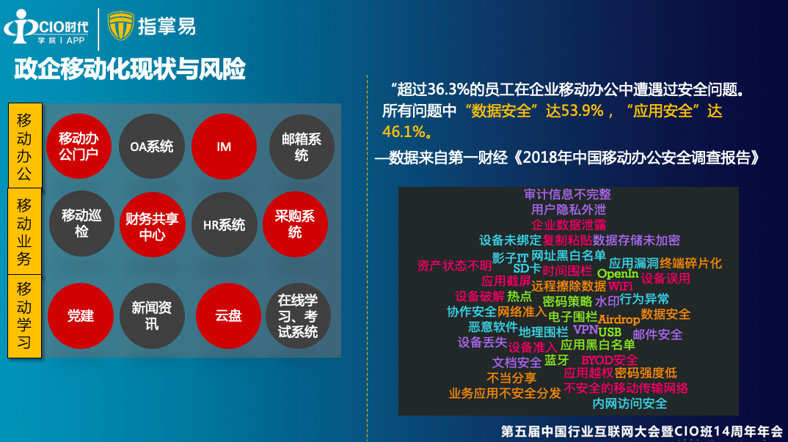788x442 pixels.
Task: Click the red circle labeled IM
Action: pos(224,147)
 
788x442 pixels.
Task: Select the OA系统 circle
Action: pos(152,147)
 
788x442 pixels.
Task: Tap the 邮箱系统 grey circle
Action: pos(302,147)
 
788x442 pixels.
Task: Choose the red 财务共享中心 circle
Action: pos(153,224)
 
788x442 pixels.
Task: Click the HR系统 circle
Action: pos(224,224)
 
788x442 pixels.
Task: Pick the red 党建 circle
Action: pos(81,316)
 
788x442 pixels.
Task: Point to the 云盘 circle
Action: pos(228,316)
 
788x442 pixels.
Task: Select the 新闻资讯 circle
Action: pos(152,316)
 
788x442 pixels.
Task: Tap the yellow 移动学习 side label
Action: pos(25,316)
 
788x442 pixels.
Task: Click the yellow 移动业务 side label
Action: pos(25,232)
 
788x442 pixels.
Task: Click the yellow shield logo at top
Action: pos(120,26)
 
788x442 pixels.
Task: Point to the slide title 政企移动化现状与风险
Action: pos(130,69)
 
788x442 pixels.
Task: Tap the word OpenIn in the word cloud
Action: pos(618,273)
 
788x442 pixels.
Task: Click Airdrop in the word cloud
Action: pos(619,320)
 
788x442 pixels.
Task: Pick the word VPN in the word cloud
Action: pos(585,330)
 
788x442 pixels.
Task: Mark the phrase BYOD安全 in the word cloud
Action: pos(610,360)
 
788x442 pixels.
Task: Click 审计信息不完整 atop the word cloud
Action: pos(567,194)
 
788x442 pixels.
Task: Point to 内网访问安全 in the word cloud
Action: pos(630,403)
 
